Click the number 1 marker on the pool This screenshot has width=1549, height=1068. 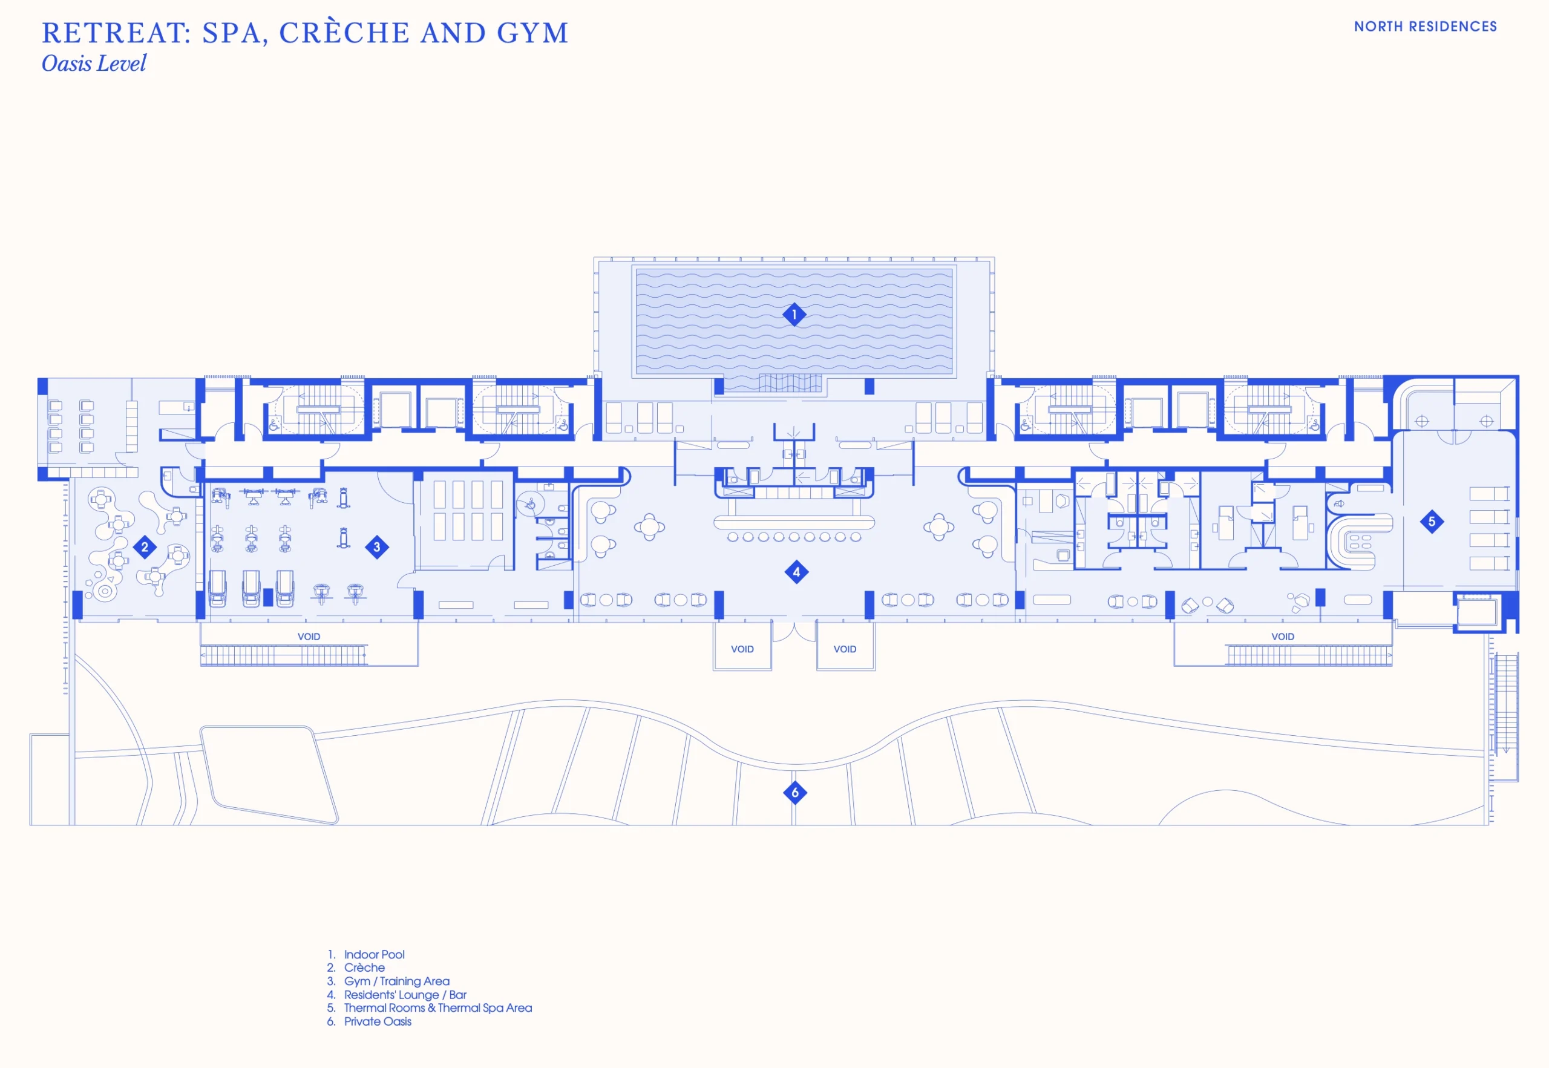click(794, 315)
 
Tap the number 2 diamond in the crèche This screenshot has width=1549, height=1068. click(145, 547)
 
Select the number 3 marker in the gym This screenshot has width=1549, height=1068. click(377, 548)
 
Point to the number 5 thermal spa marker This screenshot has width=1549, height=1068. click(1431, 521)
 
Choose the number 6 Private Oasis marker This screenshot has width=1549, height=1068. click(795, 793)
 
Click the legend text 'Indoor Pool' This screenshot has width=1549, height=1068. click(374, 954)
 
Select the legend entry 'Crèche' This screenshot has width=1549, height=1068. click(364, 968)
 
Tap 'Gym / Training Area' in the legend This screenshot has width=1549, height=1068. click(396, 981)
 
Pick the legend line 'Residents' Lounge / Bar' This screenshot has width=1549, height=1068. click(405, 995)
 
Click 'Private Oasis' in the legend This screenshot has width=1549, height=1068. click(378, 1022)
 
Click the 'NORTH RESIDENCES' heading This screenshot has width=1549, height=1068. click(1425, 27)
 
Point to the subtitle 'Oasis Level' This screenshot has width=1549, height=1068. click(94, 64)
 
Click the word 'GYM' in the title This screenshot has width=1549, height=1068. click(532, 33)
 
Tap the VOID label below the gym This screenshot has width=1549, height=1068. click(309, 637)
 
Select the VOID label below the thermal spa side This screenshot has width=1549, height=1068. click(1283, 637)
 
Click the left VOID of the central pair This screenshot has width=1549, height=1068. click(742, 649)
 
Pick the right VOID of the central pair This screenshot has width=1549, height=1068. click(845, 649)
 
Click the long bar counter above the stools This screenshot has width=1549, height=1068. click(794, 522)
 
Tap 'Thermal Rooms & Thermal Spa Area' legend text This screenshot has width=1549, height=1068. click(437, 1007)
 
